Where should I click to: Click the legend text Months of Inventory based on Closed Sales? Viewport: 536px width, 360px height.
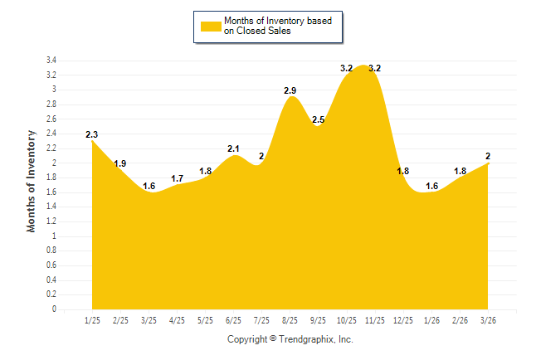coord(271,26)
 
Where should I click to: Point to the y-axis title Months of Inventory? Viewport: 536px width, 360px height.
coord(32,180)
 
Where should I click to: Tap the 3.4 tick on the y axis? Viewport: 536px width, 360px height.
coord(51,61)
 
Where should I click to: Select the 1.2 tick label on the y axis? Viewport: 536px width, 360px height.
coord(51,221)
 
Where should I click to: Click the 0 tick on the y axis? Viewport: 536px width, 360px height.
coord(54,309)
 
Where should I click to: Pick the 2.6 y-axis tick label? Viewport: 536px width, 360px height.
coord(51,119)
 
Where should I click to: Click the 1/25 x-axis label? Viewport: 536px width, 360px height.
coord(92,320)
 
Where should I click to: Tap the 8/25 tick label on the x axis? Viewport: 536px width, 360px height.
coord(290,320)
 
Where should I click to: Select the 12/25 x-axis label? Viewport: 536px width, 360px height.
coord(402,320)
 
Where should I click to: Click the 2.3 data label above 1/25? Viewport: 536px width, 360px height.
coord(92,134)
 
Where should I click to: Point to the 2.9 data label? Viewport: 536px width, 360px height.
coord(290,90)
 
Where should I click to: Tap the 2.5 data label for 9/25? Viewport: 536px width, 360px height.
coord(319,120)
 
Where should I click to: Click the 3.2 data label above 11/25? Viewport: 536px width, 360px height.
coord(374,68)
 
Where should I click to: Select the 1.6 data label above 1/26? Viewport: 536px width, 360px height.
coord(431,186)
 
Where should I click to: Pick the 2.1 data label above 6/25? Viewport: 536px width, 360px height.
coord(233,149)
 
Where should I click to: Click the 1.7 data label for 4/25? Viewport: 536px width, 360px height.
coord(177,178)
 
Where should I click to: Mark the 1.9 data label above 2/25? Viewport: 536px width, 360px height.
coord(120,163)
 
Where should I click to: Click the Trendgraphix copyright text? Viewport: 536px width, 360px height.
coord(290,339)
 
